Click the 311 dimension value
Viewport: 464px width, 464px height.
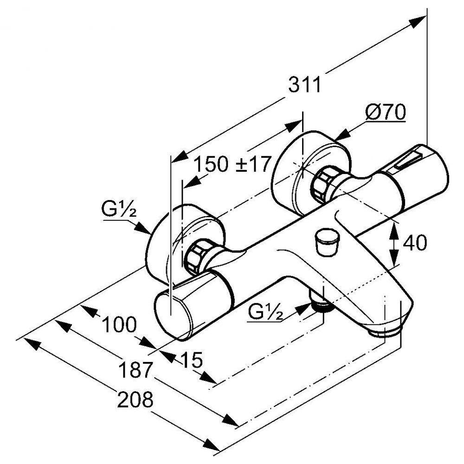(304, 85)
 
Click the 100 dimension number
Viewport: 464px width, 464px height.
(119, 325)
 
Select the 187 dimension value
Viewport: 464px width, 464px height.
(135, 370)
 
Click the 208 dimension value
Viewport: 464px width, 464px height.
(135, 399)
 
